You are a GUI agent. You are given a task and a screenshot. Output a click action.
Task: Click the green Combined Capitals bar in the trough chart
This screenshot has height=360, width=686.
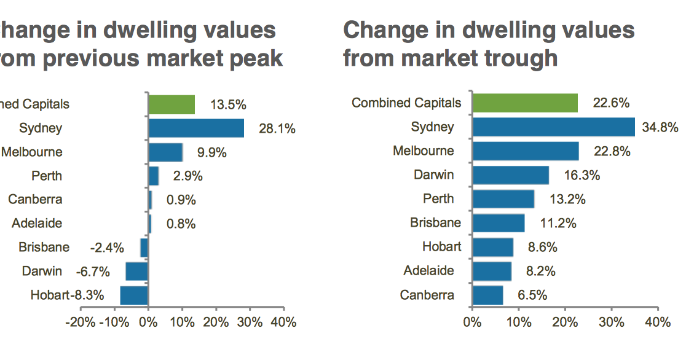pos(525,103)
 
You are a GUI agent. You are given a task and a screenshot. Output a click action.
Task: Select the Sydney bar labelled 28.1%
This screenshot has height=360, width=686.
pos(196,128)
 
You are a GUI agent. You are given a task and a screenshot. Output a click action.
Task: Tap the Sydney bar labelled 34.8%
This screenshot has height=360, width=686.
pos(553,127)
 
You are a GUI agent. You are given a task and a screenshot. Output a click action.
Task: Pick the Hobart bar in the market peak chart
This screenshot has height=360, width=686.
pos(134,295)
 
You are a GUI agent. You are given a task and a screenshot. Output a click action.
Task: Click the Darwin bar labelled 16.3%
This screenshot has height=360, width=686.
pos(510,175)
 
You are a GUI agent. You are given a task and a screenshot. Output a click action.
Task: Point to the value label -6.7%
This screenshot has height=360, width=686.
pos(92,272)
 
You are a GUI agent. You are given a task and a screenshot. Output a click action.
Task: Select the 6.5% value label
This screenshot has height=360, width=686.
pos(532,295)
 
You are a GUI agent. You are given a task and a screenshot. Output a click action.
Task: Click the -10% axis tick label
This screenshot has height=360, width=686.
pos(114,323)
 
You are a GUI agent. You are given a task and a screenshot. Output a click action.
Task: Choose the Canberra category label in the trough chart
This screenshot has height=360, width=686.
pos(427,295)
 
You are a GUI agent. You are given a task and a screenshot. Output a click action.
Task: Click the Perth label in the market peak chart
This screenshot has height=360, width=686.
pos(47,176)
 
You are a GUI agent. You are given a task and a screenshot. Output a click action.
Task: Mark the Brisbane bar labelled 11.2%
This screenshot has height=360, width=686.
pos(498,223)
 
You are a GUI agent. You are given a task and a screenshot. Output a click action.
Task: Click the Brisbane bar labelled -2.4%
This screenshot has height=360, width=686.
pos(144,248)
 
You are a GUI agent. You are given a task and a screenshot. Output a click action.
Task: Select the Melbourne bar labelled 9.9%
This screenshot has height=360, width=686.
pos(165,152)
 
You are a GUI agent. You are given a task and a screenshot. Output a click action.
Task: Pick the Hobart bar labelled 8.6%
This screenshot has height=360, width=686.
pos(492,247)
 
